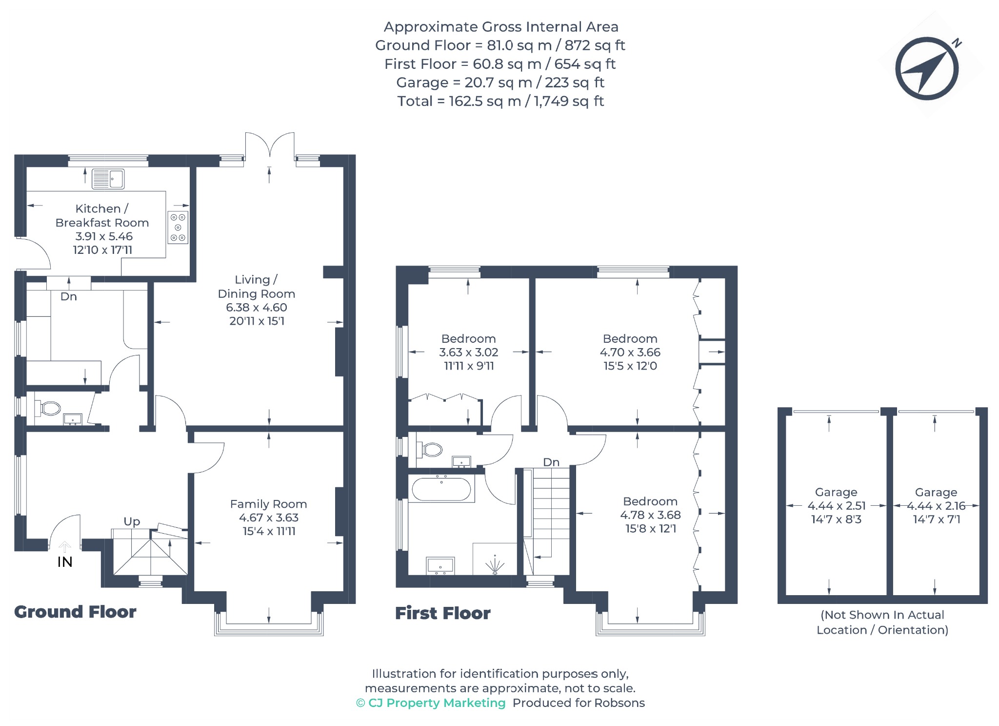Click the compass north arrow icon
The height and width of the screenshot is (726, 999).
[x=927, y=68]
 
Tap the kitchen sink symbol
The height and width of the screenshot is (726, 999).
[x=108, y=179]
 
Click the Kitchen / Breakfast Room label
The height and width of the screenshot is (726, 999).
[x=102, y=215]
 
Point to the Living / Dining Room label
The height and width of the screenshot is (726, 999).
[x=256, y=287]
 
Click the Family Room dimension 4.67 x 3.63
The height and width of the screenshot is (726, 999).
[x=268, y=518]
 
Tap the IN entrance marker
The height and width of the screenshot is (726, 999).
[x=65, y=562]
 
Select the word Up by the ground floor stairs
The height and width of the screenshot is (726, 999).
[x=132, y=522]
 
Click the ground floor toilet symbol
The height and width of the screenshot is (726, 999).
[x=47, y=408]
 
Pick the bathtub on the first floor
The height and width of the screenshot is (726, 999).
[x=441, y=489]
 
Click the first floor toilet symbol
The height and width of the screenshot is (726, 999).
[x=429, y=449]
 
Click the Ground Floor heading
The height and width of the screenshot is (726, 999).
[x=75, y=612]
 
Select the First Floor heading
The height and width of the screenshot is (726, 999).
[x=442, y=613]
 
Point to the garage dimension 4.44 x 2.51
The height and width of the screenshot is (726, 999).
[x=837, y=506]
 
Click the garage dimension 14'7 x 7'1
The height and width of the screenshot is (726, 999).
[x=937, y=519]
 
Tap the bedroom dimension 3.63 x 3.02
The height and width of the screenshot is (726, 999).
[x=469, y=352]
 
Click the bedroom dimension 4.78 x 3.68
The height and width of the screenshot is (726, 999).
[x=650, y=515]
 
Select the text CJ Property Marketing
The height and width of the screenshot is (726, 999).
[x=437, y=703]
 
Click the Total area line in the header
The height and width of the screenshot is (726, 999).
[x=500, y=101]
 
